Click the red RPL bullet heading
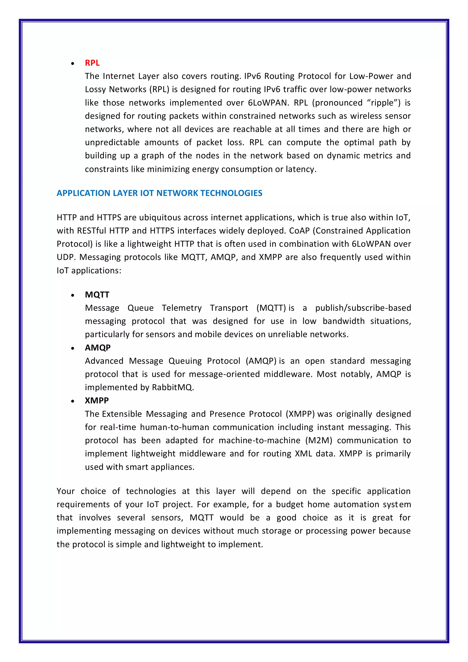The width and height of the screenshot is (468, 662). click(92, 63)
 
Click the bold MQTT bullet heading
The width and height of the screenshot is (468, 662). click(97, 295)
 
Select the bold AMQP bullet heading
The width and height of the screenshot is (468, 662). click(98, 348)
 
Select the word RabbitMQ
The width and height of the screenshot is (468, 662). click(172, 387)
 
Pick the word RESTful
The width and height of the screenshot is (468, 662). click(92, 231)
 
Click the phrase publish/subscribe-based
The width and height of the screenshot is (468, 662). click(363, 308)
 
